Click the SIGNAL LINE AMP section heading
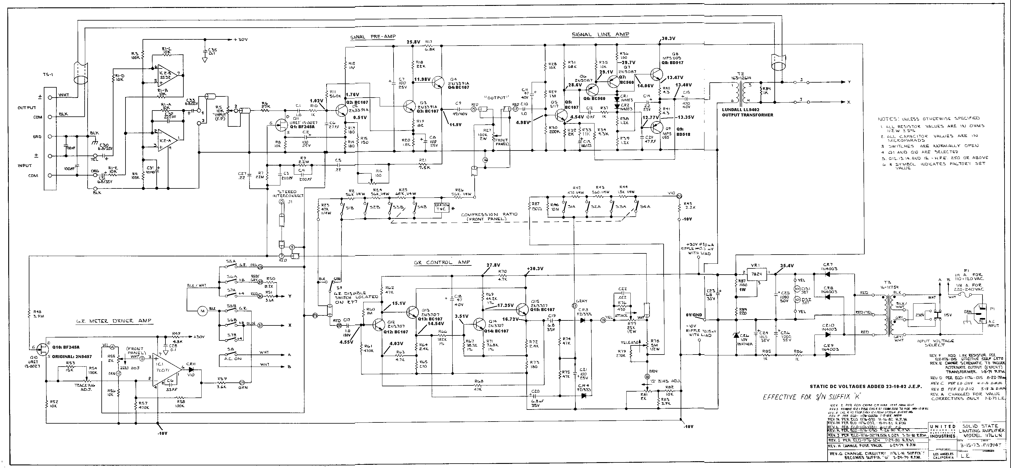pos(600,35)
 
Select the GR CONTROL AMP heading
pos(441,262)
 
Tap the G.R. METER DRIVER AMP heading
pos(114,321)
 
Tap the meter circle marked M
pos(202,311)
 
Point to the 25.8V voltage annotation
pos(413,42)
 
